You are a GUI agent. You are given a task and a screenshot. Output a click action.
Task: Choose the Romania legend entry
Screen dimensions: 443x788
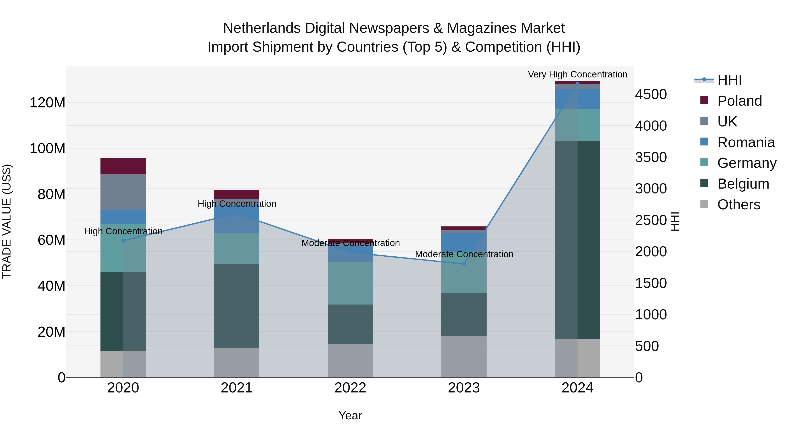[746, 142]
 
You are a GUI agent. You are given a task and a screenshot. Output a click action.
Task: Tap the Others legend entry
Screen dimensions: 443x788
[739, 205]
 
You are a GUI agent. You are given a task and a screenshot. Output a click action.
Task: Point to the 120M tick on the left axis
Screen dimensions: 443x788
[47, 103]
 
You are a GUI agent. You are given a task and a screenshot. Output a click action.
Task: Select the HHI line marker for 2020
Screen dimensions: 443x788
[123, 241]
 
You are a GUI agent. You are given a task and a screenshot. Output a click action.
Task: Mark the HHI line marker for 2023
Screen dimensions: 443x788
[464, 264]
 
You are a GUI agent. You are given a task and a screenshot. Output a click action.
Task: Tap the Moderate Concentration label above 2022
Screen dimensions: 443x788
[351, 243]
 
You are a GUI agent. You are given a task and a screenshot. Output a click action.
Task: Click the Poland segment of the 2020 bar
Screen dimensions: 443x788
[123, 166]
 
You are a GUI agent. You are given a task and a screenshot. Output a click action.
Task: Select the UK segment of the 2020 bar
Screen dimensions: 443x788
[123, 192]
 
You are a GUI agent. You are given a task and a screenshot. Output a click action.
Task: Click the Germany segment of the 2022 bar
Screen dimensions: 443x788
[350, 283]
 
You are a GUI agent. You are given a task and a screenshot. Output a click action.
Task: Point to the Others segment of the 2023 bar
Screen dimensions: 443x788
[464, 357]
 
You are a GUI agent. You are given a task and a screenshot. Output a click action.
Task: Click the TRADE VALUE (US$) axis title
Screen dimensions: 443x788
[7, 221]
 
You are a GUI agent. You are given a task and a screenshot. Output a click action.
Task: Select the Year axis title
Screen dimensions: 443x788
[350, 416]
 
